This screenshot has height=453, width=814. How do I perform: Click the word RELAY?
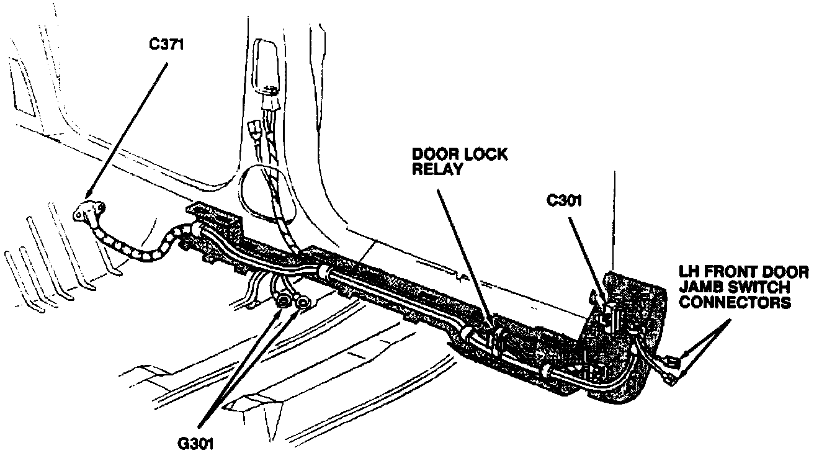pos(437,169)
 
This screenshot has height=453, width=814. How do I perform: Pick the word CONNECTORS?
pos(735,302)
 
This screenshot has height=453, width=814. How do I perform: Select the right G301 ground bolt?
pos(303,303)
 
